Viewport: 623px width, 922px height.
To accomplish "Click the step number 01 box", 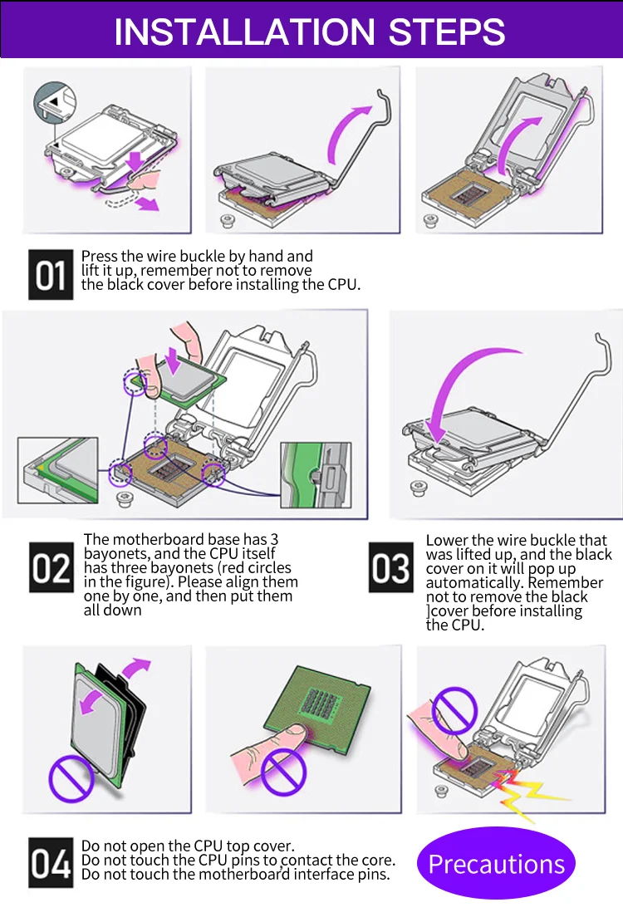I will tap(51, 274).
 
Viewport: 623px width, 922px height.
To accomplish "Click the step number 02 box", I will tap(51, 568).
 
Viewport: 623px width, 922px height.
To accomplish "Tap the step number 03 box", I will tap(391, 568).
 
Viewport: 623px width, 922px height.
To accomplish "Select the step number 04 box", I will tap(51, 863).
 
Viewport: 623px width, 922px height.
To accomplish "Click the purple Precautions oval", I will tap(496, 864).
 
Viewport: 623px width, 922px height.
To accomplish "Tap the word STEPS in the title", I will tap(448, 32).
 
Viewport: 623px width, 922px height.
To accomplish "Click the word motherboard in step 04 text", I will tap(238, 875).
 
